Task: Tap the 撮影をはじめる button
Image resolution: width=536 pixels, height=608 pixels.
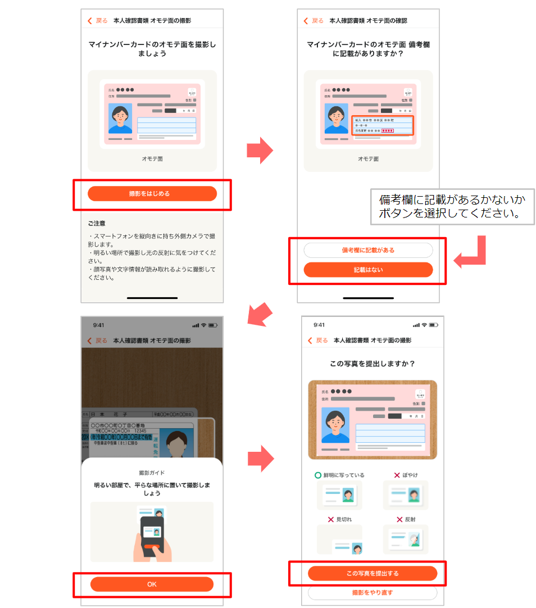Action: (152, 194)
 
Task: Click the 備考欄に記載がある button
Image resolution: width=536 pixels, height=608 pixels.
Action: (368, 250)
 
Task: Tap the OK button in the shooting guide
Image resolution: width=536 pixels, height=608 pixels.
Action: (152, 584)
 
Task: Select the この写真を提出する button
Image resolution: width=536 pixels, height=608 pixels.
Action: (372, 573)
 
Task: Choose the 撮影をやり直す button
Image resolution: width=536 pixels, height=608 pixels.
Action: (372, 592)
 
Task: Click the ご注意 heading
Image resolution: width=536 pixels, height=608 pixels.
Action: (97, 224)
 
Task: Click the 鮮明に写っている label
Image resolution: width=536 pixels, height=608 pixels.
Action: (343, 475)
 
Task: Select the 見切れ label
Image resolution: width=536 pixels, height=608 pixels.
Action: (343, 520)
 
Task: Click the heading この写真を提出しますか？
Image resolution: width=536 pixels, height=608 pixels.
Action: (372, 364)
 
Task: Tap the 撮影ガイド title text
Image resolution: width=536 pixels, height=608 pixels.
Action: (152, 473)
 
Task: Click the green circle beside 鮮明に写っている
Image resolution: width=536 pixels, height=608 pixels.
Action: (317, 475)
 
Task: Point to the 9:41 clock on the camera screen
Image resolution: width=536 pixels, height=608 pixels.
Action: (98, 325)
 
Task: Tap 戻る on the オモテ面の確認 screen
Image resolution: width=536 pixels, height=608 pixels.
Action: (314, 21)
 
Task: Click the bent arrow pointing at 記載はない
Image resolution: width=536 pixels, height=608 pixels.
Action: (472, 253)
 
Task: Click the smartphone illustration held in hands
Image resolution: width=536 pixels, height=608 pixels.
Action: (152, 534)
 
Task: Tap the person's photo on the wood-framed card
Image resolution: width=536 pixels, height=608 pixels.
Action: (335, 425)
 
